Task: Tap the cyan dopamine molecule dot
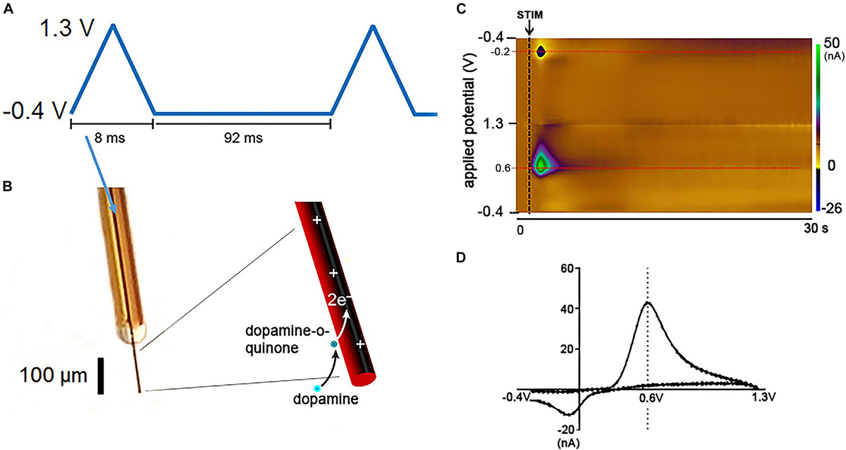pyautogui.click(x=318, y=388)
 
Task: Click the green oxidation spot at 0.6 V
pyautogui.click(x=541, y=164)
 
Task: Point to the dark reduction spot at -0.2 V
pyautogui.click(x=541, y=51)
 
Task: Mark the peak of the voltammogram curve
pyautogui.click(x=647, y=303)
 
